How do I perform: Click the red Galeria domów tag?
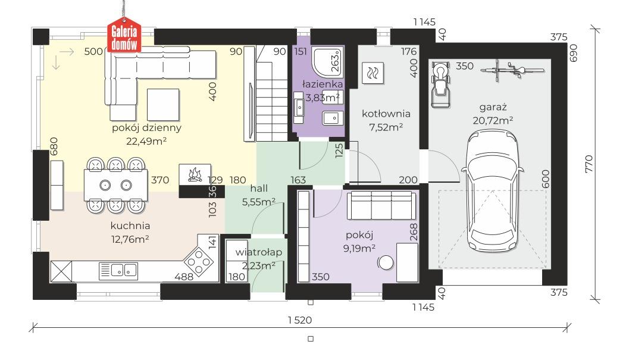[124, 36]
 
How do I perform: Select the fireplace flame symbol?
[195, 174]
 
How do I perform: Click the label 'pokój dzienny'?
[146, 127]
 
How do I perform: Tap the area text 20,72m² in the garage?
[493, 120]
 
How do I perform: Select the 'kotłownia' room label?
[386, 114]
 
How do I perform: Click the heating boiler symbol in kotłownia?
[373, 73]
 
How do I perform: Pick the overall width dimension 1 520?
[300, 320]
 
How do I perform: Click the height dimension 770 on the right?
[589, 164]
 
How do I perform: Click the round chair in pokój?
[386, 263]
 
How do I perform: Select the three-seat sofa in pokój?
[381, 205]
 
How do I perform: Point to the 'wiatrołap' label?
[259, 252]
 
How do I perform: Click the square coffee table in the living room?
[163, 105]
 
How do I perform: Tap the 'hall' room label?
[259, 188]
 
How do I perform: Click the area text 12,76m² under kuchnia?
[130, 239]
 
